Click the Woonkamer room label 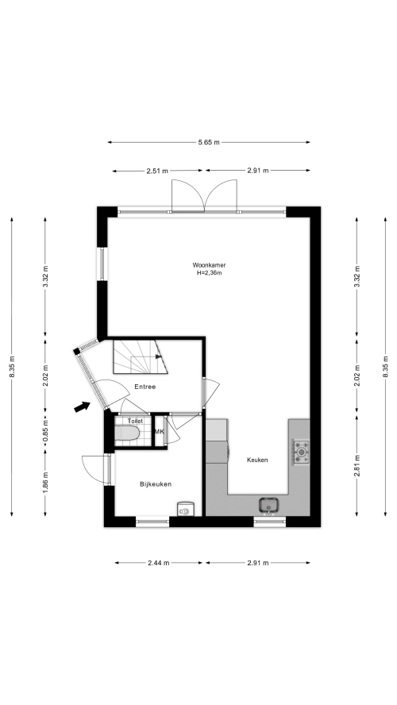click(x=209, y=265)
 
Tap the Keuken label click(x=257, y=460)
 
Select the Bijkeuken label click(x=156, y=484)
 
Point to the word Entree click(x=145, y=387)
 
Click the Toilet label click(x=135, y=422)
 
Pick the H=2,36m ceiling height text click(x=210, y=273)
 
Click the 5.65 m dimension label click(x=209, y=143)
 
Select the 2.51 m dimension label click(x=157, y=171)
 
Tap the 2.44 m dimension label click(x=159, y=563)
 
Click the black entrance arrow click(x=82, y=407)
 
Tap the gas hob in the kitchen click(x=301, y=452)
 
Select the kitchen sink click(x=269, y=505)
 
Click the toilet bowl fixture click(x=127, y=433)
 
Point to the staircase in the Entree click(x=140, y=357)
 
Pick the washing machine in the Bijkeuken click(x=185, y=509)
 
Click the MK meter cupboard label click(x=159, y=432)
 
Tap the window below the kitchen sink click(x=270, y=522)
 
